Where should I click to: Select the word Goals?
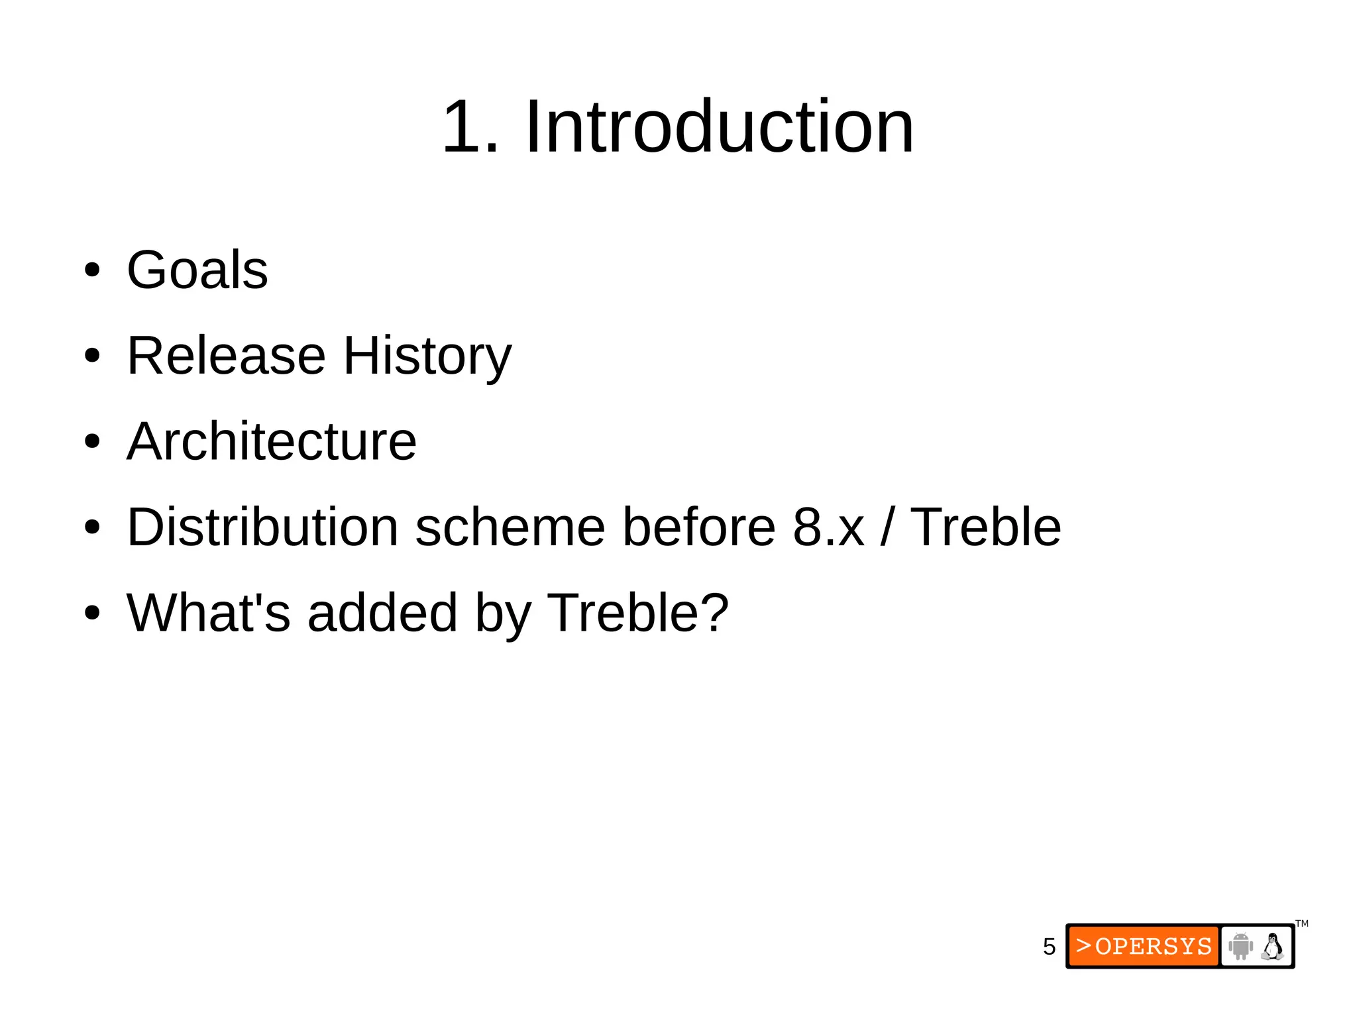(197, 270)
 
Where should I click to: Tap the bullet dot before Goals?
(92, 270)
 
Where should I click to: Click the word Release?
(226, 356)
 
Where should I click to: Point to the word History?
(427, 356)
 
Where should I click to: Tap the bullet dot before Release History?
(92, 356)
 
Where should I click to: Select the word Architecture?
(272, 441)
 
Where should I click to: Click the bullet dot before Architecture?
(92, 442)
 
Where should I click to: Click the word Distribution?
(262, 527)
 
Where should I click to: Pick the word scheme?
(510, 527)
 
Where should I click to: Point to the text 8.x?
(828, 527)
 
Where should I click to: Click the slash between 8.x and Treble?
(887, 527)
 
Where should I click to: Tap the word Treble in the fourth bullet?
(985, 527)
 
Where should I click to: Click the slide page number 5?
(1049, 946)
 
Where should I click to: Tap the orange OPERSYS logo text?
(1144, 946)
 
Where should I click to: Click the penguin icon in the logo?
(1272, 946)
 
